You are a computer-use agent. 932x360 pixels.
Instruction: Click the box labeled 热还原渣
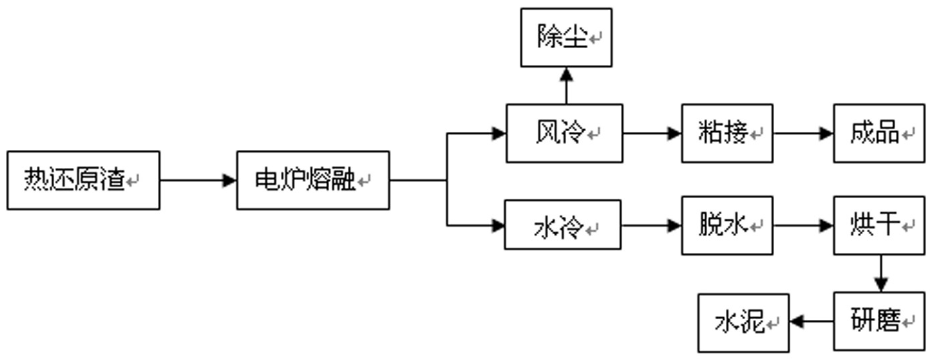83,180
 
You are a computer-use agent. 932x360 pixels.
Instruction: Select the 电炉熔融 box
312,180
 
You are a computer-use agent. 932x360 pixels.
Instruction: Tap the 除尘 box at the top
566,37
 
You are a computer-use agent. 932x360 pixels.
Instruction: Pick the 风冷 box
564,133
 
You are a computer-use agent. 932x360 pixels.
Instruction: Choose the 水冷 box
562,225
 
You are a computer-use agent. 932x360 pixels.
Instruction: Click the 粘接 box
727,133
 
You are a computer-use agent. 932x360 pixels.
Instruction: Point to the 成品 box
878,133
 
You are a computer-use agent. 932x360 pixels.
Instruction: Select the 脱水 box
727,225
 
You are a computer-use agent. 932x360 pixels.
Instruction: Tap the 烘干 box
878,225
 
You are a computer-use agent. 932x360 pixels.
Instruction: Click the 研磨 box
878,321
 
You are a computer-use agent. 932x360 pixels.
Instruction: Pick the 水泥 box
743,323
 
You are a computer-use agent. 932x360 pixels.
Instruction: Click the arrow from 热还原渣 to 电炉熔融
198,180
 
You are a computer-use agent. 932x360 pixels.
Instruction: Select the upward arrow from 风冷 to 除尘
566,85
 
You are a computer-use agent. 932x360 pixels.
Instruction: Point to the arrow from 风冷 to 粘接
652,133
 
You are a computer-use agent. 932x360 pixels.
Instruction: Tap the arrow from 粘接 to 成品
803,133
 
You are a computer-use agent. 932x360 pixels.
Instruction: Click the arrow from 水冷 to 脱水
651,226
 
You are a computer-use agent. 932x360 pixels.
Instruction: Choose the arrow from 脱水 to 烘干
803,226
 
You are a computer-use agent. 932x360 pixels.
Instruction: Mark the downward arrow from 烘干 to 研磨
880,273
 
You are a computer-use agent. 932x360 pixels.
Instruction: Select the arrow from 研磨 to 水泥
811,322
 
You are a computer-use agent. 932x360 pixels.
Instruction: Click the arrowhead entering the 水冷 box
498,226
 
